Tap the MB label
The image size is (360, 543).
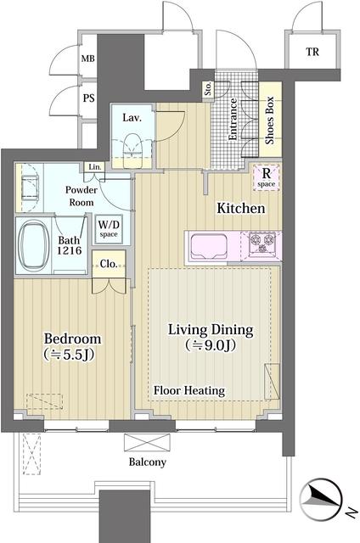(87, 59)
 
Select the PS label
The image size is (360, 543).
(87, 98)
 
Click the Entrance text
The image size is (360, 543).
(234, 121)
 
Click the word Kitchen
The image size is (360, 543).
(241, 208)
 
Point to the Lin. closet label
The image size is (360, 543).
(95, 167)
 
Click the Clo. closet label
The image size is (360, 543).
(108, 264)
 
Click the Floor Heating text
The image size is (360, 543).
(188, 390)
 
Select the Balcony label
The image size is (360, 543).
(147, 462)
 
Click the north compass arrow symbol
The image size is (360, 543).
(324, 497)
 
